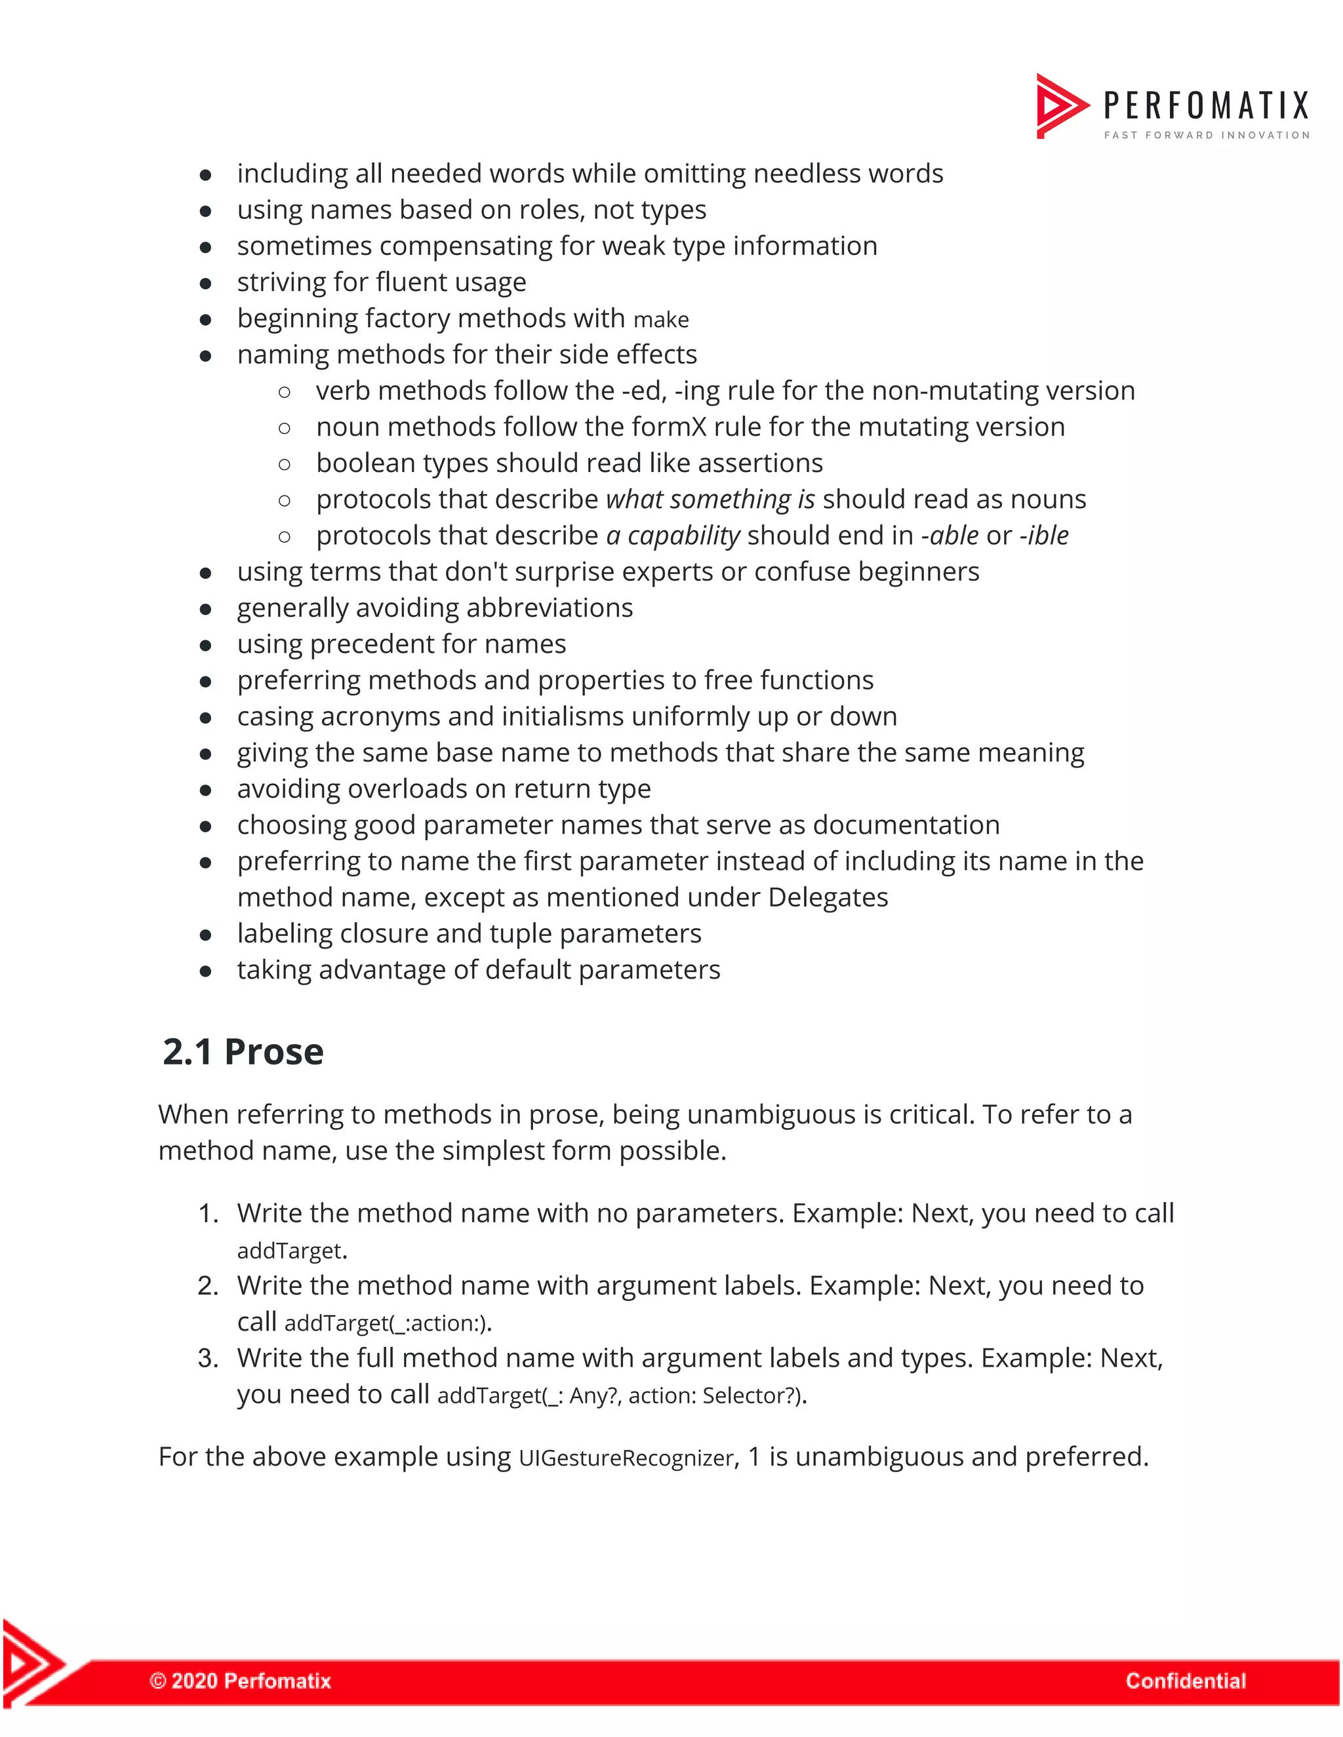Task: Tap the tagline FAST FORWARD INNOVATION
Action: (x=1206, y=135)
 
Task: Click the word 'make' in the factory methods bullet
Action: (x=660, y=320)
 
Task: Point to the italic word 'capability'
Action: (x=683, y=536)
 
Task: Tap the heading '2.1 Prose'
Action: (x=243, y=1051)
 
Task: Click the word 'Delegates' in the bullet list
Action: (x=828, y=897)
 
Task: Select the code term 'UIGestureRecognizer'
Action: (x=626, y=1458)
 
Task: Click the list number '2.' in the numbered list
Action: (x=208, y=1286)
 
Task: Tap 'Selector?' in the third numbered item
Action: (x=751, y=1395)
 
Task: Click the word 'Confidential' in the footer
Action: (x=1185, y=1681)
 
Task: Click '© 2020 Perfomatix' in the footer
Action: (x=240, y=1681)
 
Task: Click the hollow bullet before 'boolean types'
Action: (x=284, y=463)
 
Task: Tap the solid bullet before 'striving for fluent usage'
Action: (x=205, y=283)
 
